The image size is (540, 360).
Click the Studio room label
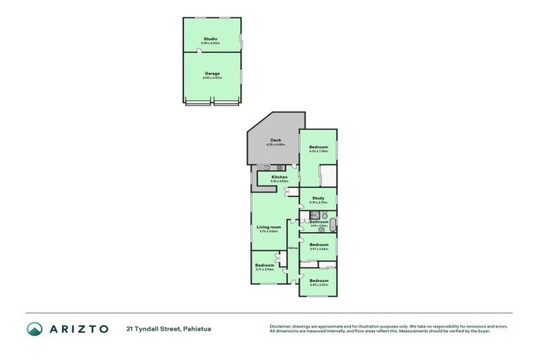[x=210, y=39]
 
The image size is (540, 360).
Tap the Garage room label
[x=212, y=73]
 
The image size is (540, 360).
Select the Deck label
[x=275, y=140]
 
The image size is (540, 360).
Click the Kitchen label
[x=279, y=176]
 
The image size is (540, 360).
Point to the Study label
[x=318, y=198]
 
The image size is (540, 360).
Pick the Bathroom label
[x=319, y=221]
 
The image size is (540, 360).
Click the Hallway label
[x=293, y=247]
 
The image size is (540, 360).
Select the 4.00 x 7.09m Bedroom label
[x=319, y=147]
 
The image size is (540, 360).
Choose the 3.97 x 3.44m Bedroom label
[x=319, y=245]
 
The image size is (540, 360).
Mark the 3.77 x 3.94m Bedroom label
[x=264, y=265]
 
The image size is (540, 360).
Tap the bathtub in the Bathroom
[x=334, y=226]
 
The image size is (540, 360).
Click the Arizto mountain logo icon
[x=34, y=328]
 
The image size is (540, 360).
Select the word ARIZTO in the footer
[x=78, y=328]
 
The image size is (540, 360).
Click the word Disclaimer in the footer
[x=281, y=326]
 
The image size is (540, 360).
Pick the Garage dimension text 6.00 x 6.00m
[x=212, y=77]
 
